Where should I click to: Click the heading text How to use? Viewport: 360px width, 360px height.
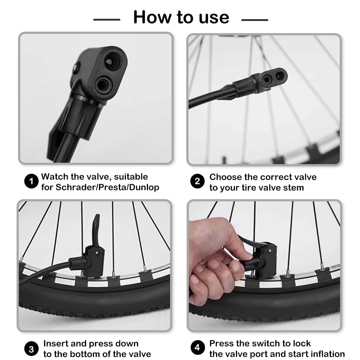(x=181, y=17)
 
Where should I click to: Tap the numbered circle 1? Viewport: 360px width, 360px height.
(x=31, y=181)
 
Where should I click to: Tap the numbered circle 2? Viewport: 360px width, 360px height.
(x=198, y=181)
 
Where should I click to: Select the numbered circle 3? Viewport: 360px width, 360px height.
(x=31, y=349)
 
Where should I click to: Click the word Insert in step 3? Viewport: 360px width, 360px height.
(x=56, y=344)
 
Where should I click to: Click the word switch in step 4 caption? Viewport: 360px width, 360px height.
(x=261, y=344)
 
